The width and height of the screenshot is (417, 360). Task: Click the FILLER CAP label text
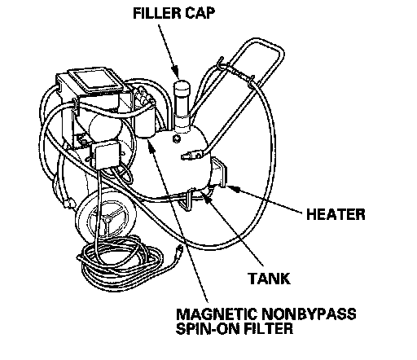click(x=174, y=13)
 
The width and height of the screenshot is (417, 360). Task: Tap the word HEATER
click(x=336, y=214)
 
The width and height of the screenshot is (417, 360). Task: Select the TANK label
click(x=269, y=279)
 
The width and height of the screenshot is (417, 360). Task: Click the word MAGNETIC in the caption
click(x=217, y=314)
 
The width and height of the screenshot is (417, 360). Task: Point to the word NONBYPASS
click(x=309, y=314)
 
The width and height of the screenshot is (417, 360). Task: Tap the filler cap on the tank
click(x=182, y=86)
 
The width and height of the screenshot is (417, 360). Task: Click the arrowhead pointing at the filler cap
click(x=175, y=71)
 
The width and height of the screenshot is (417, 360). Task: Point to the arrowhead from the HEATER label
click(x=232, y=188)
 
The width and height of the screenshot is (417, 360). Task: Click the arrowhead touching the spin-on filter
click(x=151, y=145)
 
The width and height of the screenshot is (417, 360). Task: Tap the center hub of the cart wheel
click(x=108, y=218)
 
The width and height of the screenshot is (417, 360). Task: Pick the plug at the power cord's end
click(x=179, y=248)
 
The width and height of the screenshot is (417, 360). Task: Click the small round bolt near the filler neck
click(x=177, y=138)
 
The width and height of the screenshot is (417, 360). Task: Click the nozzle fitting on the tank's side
click(x=192, y=156)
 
